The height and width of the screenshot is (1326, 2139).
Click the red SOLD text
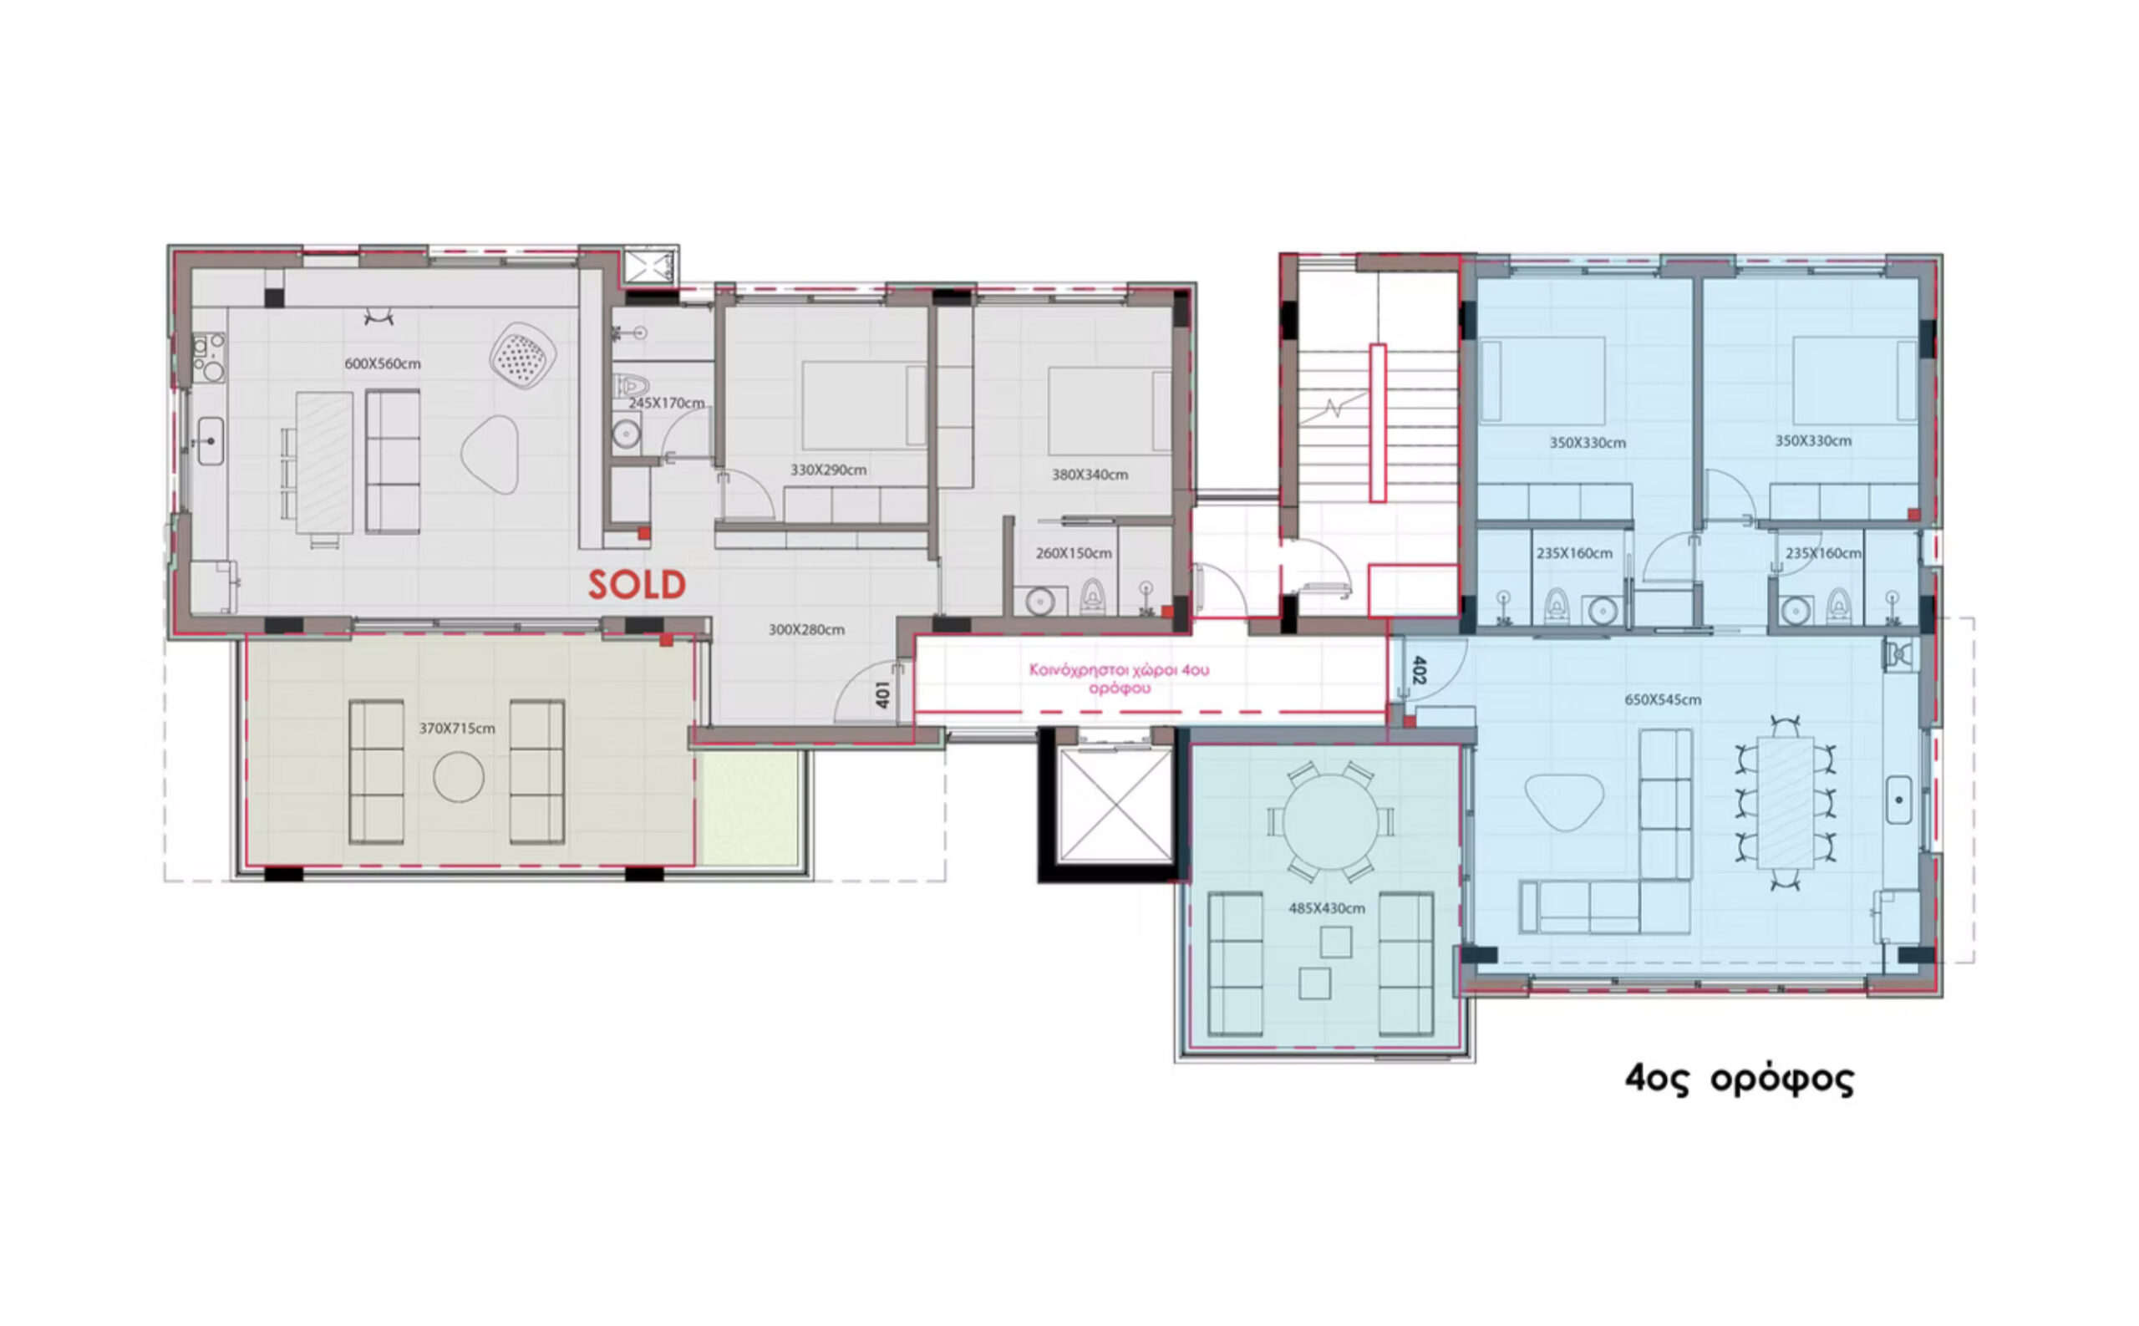(637, 585)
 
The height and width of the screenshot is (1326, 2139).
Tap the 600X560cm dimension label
(383, 363)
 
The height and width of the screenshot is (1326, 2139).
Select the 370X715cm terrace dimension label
(457, 729)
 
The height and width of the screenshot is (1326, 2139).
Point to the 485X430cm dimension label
(1326, 908)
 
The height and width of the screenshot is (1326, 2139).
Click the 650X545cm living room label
(1663, 700)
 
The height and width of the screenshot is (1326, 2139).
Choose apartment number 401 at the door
(883, 694)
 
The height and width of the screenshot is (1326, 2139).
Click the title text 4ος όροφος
(1739, 1080)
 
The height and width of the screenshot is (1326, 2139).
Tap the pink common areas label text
(1119, 679)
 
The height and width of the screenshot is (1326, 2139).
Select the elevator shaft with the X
(1115, 805)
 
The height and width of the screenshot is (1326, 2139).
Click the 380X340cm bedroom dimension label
(1090, 475)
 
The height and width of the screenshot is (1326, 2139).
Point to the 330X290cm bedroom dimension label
(829, 470)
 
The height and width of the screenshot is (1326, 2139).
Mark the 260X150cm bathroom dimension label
(1074, 553)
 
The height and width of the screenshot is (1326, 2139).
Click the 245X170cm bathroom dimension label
(667, 404)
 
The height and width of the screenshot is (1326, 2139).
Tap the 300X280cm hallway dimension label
(807, 630)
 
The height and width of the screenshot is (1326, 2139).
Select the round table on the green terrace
(1330, 821)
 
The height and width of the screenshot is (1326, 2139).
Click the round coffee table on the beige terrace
(459, 777)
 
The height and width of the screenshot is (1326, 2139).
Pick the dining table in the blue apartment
(1786, 802)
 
